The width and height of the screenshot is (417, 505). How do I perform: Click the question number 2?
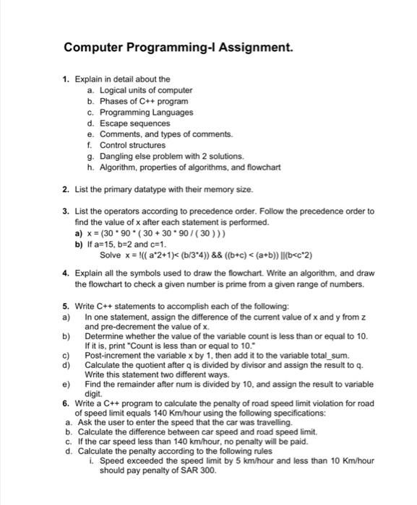pos(65,189)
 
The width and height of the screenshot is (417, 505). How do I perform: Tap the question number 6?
pos(65,403)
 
